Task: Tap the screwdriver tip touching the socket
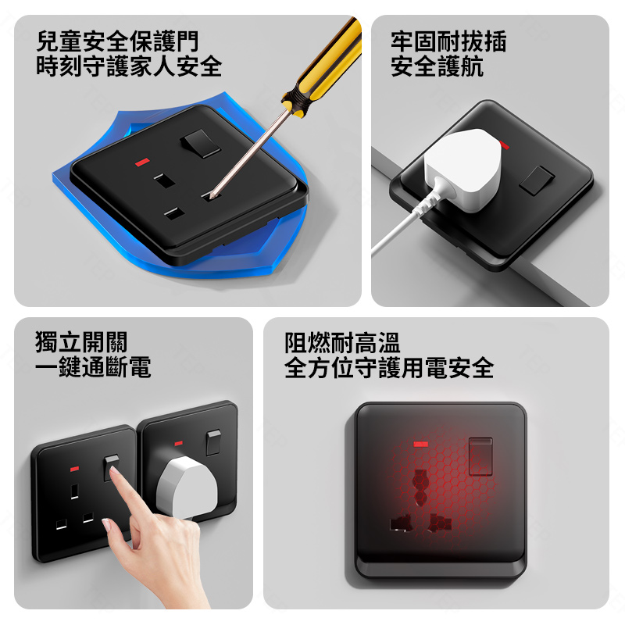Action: point(211,196)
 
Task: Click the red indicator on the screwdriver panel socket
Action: point(142,162)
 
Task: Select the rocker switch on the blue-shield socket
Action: point(201,143)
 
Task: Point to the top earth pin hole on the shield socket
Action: point(165,181)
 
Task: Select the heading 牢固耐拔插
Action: point(448,41)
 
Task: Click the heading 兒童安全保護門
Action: point(117,41)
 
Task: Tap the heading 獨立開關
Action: point(81,342)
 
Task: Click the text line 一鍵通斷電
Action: point(93,366)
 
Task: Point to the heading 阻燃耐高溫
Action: point(342,343)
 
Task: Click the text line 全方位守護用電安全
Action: point(389,367)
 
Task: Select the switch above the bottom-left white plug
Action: point(213,442)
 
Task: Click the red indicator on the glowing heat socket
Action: point(420,444)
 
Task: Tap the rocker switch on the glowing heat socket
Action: point(480,456)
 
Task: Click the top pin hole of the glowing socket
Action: point(420,487)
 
